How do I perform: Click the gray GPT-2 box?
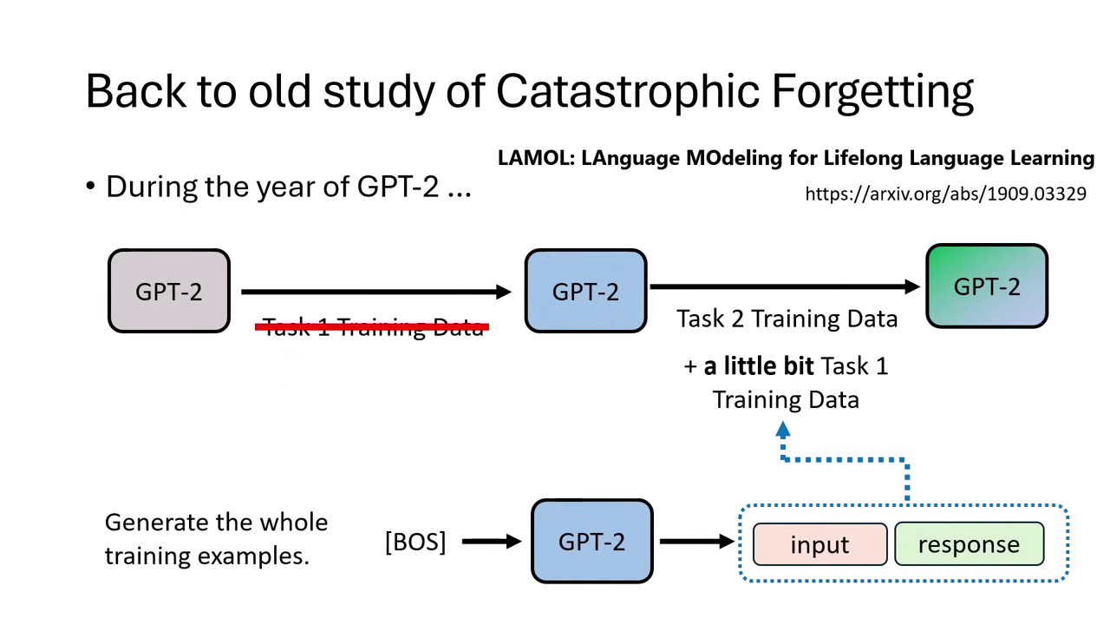(169, 292)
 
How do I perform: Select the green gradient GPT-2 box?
(987, 286)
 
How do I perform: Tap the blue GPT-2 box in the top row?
(586, 292)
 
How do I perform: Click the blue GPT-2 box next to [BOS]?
(591, 542)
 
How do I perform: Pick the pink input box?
(819, 544)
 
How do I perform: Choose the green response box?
(969, 544)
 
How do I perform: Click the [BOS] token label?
(415, 542)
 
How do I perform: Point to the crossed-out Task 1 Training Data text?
(373, 327)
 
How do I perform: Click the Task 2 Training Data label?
(787, 319)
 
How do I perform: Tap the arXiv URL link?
(945, 194)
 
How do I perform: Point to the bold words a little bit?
(759, 366)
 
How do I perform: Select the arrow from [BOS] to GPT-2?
(491, 542)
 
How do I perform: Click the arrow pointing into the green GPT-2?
(785, 286)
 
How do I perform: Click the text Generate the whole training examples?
(216, 539)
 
